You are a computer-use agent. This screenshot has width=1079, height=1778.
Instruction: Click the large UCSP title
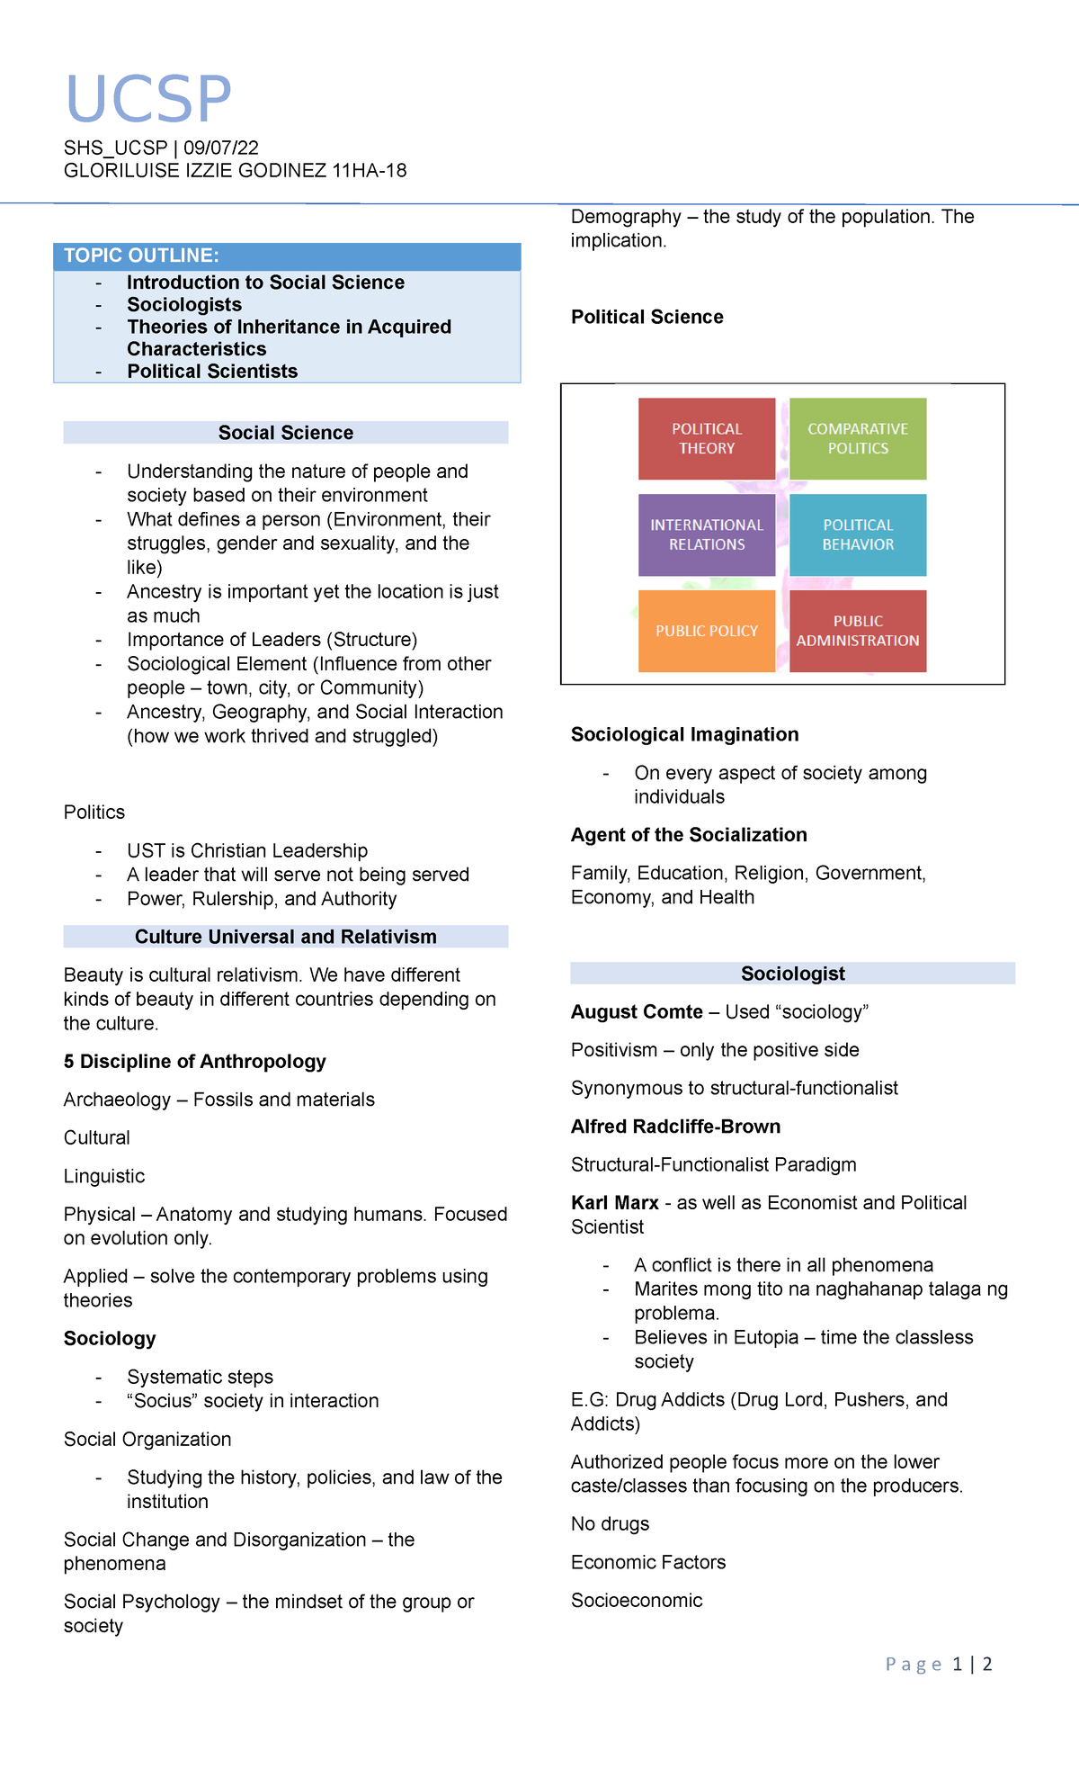point(149,99)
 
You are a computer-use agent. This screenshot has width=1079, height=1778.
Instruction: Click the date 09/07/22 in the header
point(221,148)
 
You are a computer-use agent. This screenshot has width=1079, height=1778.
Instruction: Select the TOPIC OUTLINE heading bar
point(287,256)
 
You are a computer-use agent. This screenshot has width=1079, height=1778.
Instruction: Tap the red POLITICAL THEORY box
point(707,439)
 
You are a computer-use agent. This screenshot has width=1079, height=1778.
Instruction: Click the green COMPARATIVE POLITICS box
point(858,439)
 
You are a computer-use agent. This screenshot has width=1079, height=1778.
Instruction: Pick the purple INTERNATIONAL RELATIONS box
point(707,534)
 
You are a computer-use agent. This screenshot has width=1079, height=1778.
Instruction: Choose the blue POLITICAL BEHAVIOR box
point(858,534)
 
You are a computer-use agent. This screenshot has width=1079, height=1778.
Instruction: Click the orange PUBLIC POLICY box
point(707,631)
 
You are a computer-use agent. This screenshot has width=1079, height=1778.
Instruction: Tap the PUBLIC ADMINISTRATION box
point(858,631)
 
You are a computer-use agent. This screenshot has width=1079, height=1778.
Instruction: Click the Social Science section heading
point(286,433)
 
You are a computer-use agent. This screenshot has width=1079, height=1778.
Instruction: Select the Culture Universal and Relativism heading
point(286,937)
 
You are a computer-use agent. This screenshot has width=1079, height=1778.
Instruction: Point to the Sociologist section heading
point(792,974)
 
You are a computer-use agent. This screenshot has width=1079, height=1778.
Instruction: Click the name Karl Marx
point(615,1203)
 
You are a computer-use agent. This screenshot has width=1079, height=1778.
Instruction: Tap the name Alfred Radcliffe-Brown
point(675,1127)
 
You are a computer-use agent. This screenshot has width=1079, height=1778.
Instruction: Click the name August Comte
point(637,1012)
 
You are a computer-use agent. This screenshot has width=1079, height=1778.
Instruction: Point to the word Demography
point(626,217)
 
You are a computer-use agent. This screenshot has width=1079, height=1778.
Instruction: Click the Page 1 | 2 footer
point(939,1664)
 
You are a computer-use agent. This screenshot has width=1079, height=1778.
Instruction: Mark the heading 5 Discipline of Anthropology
point(194,1062)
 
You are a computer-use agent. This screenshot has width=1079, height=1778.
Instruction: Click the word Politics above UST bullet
point(94,813)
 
